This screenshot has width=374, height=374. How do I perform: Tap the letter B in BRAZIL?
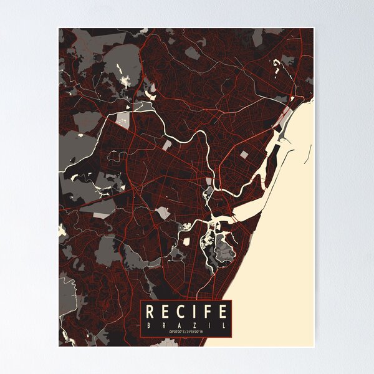point(150,325)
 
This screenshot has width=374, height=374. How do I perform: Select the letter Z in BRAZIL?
point(193,325)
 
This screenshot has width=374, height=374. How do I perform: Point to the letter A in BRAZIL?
point(178,325)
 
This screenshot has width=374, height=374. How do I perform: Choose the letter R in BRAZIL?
point(164,325)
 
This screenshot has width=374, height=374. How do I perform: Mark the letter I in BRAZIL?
point(208,325)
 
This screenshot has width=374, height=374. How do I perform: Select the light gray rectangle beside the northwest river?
point(123,120)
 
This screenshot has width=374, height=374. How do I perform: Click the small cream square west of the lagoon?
point(185,241)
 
